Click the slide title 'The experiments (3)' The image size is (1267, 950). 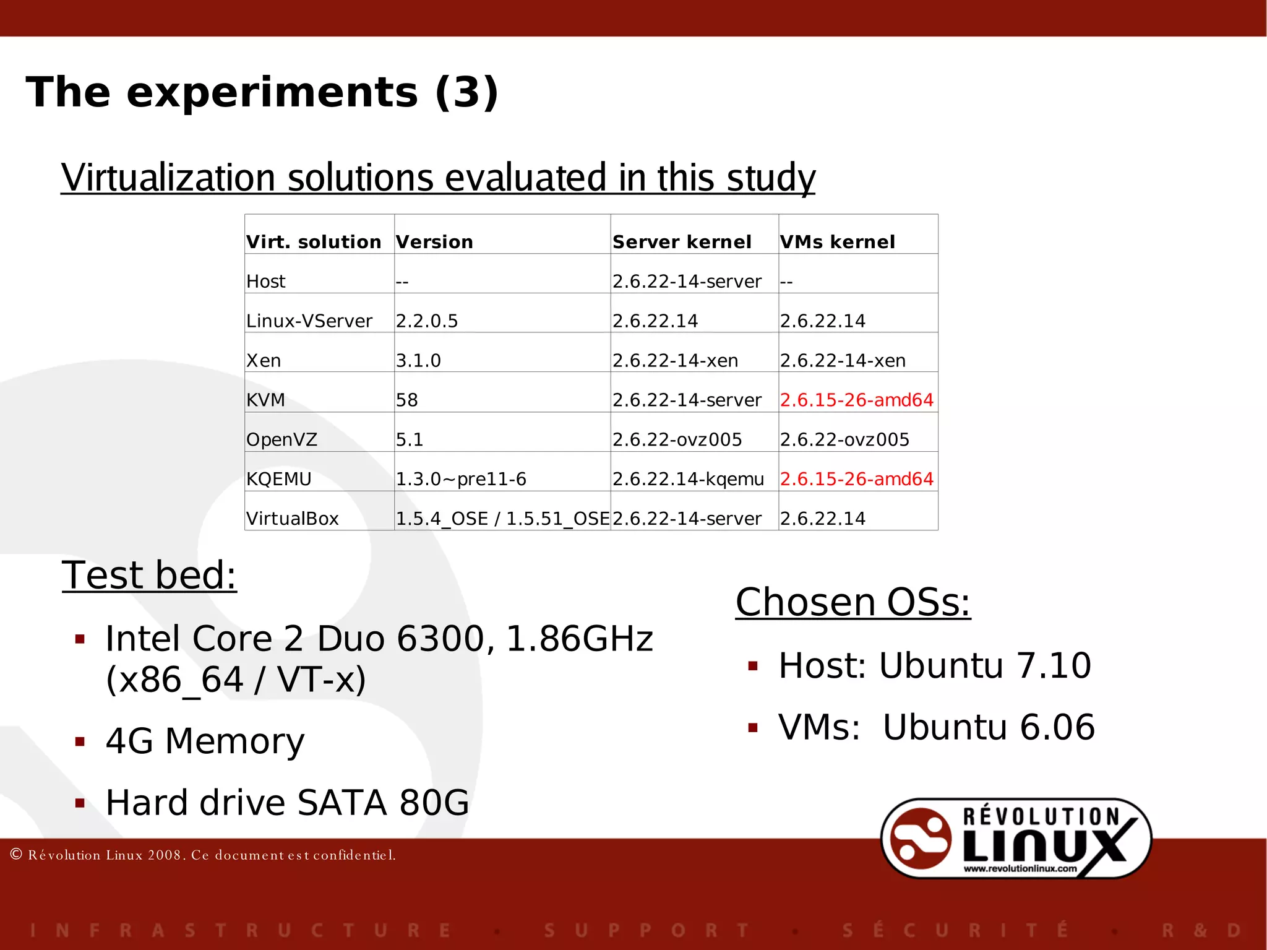[262, 92]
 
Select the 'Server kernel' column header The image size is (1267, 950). [682, 242]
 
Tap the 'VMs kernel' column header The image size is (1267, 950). [837, 242]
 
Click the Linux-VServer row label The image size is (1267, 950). [309, 321]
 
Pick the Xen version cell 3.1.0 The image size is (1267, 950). [418, 360]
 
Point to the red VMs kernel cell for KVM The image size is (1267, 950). [856, 400]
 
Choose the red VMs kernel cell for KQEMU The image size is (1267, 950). [856, 479]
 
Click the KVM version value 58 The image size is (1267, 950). [407, 400]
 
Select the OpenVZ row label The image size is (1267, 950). [281, 439]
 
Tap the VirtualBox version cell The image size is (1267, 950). [502, 519]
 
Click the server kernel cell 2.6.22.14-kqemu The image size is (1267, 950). [688, 479]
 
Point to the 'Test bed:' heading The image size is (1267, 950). [149, 575]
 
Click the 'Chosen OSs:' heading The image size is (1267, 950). [853, 602]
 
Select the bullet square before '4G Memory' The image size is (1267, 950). [80, 741]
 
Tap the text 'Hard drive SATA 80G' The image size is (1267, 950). [287, 803]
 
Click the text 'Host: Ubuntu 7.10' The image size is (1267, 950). [934, 666]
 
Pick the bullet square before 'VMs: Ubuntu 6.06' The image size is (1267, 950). [753, 728]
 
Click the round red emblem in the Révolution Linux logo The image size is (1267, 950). [920, 839]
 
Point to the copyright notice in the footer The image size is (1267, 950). [203, 855]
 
